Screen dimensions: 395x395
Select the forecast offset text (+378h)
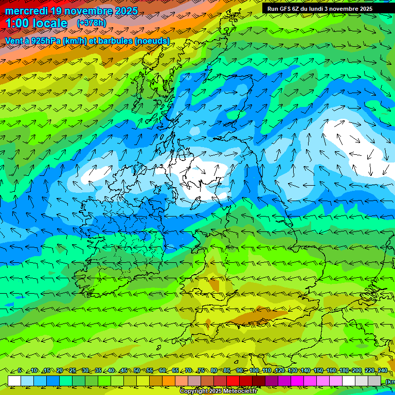92,23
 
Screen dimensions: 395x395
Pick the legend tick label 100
254,370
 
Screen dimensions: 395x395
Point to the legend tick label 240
382,370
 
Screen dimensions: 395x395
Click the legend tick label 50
137,370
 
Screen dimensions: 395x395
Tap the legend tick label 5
20,370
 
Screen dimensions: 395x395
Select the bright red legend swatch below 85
233,381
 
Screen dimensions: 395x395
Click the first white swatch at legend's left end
14,381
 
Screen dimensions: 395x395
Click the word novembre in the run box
352,9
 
